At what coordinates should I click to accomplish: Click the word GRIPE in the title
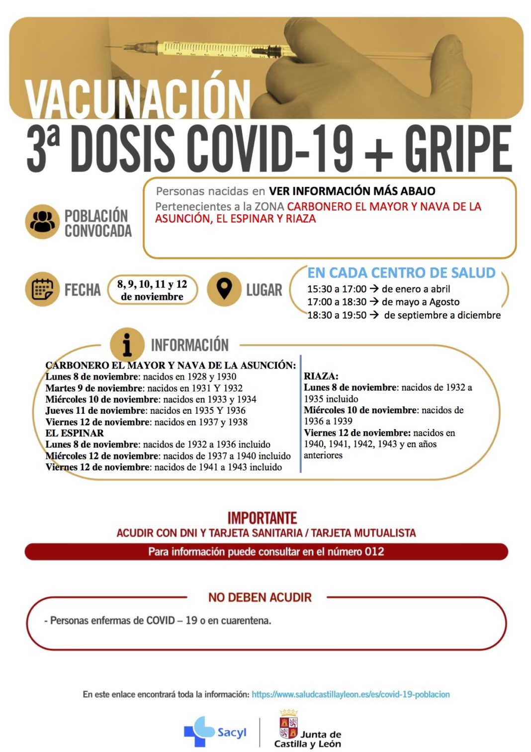point(457,149)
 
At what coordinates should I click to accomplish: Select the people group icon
point(42,222)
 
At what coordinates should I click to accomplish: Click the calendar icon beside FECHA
point(42,289)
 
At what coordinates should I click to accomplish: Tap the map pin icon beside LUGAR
point(224,289)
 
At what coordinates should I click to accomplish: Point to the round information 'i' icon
point(127,344)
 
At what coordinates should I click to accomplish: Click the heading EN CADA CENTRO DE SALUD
point(401,273)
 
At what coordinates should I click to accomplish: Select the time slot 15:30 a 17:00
point(337,289)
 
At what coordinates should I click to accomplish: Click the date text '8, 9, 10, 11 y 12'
point(152,284)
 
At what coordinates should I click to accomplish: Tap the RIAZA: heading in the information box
point(321,376)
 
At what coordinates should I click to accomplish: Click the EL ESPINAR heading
point(75,433)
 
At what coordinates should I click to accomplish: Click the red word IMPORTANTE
point(262,518)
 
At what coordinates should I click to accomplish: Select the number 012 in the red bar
point(374,552)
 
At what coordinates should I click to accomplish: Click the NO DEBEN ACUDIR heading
point(260,597)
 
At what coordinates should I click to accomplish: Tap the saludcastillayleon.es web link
point(351,694)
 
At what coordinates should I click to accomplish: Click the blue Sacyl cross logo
point(199,731)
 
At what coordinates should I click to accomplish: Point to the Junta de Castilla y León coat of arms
point(288,726)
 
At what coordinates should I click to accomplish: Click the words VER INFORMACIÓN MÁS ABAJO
point(352,191)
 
